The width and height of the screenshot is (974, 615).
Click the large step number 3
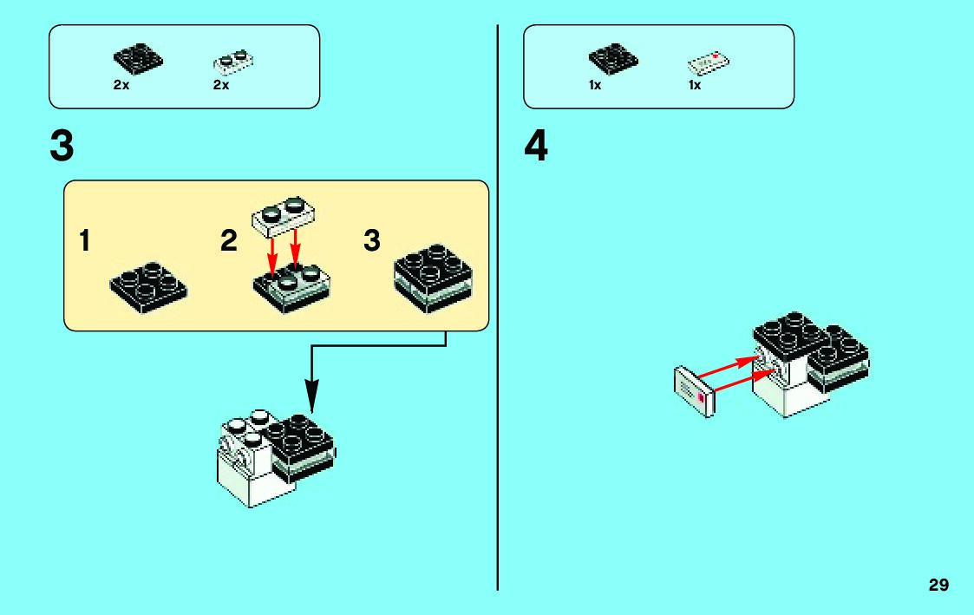pos(62,147)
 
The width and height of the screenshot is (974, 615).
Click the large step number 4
pos(536,147)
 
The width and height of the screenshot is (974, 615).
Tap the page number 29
pos(938,585)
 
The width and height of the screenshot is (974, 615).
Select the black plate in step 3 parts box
pos(138,60)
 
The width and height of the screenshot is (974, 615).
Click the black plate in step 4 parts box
pos(613,59)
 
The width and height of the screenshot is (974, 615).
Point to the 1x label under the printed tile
pos(695,86)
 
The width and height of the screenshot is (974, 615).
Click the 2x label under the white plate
pos(221,86)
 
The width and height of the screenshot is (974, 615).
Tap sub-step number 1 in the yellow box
pos(85,240)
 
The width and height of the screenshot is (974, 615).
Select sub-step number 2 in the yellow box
pos(228,240)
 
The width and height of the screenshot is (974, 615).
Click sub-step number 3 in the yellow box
pos(372,240)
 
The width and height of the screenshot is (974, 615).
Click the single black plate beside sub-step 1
pos(149,288)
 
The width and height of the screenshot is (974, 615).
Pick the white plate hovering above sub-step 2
pos(284,214)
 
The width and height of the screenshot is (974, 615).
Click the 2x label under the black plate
pos(121,86)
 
